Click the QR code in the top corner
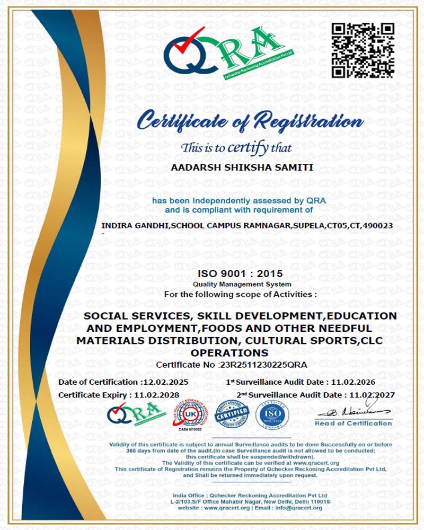point(364,50)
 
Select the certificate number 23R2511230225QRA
point(263,365)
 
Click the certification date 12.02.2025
point(170,382)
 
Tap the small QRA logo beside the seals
point(133,414)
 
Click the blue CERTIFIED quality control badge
point(232,414)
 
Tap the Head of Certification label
point(353,423)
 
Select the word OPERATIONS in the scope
point(229,352)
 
